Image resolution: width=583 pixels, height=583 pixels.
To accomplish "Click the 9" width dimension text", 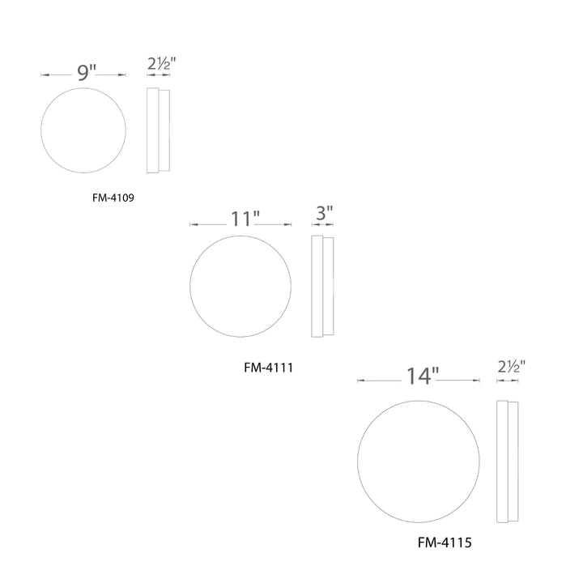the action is point(87,72).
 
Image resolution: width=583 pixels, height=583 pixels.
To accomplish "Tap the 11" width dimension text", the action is point(245,219).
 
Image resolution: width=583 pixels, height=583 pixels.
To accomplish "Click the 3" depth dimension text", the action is point(324,213).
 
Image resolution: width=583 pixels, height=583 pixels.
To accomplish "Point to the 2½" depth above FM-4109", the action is point(161,64).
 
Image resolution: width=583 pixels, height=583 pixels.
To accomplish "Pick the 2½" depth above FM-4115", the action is point(512,367).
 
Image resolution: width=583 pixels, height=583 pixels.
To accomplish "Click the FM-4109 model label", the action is point(113,198).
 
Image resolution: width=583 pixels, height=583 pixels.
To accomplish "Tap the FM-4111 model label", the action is point(269,368).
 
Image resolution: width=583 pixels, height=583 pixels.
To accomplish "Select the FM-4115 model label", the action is point(445,543).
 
